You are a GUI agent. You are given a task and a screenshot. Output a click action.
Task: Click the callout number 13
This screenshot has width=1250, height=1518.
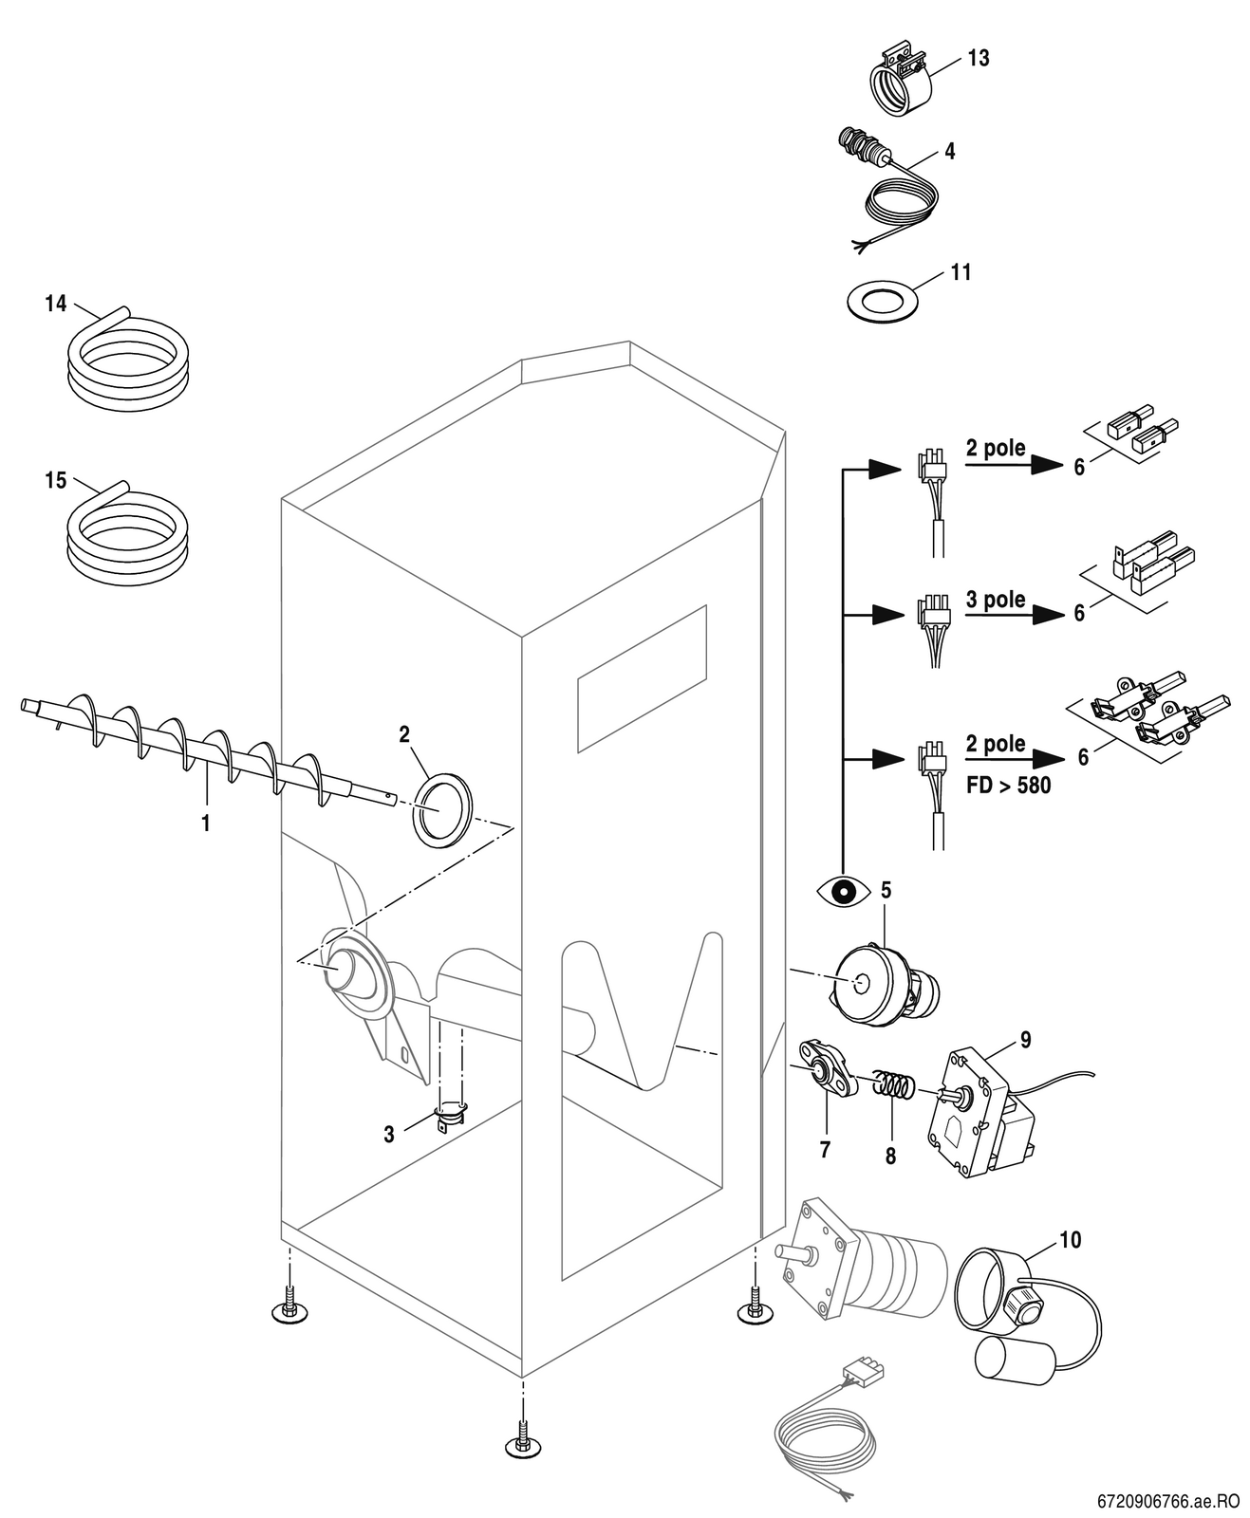978,58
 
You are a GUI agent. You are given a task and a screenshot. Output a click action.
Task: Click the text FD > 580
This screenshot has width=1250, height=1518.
1008,786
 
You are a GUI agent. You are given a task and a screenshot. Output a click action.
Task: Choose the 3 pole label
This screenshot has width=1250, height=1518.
995,599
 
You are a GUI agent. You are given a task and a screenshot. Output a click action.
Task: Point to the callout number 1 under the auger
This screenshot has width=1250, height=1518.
205,823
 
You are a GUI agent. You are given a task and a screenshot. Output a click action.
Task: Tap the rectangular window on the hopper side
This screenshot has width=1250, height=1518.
642,678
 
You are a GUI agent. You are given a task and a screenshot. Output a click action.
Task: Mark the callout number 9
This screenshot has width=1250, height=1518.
1025,1039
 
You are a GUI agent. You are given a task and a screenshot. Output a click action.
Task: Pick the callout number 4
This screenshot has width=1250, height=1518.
950,151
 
